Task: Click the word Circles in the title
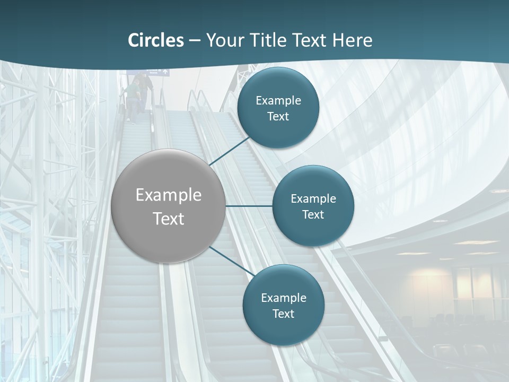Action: coord(155,40)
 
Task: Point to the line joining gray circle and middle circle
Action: coord(249,206)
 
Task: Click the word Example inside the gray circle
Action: coord(169,195)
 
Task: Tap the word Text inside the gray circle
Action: coord(169,219)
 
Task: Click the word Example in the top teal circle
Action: coord(278,101)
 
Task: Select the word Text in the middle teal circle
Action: coord(313,215)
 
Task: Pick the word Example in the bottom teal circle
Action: coord(283,298)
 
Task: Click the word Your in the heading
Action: coord(223,40)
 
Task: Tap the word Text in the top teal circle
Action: coord(278,117)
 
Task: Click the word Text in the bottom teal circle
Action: coord(283,314)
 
